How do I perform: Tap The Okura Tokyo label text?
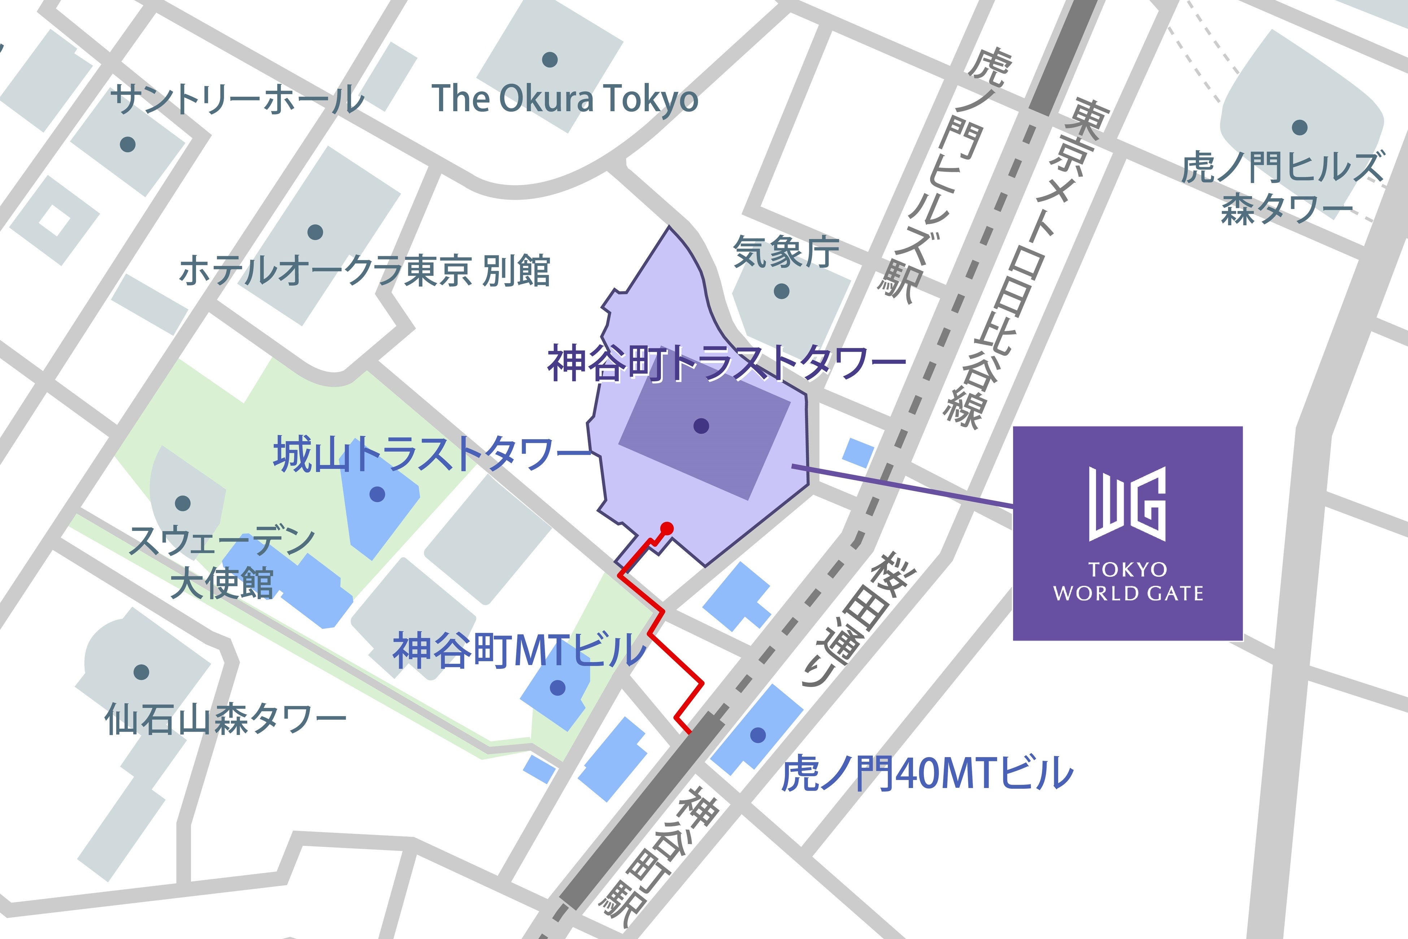click(565, 99)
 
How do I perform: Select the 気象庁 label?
click(786, 252)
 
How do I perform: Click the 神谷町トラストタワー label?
click(726, 363)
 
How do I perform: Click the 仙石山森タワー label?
click(225, 719)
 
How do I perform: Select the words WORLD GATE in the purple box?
click(1128, 593)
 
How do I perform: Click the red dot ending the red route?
click(667, 528)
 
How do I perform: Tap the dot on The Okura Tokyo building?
click(549, 59)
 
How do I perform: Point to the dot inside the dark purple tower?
click(701, 426)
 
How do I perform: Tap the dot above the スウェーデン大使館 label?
click(183, 503)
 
